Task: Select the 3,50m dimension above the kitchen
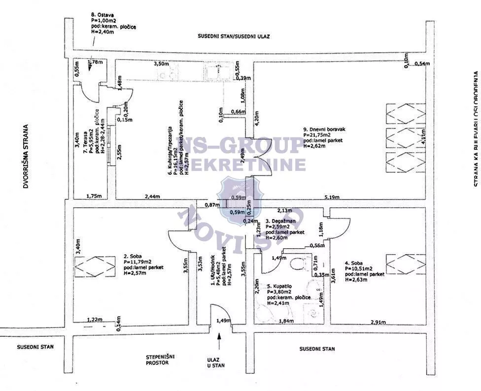[161, 64]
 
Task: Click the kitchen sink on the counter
[216, 72]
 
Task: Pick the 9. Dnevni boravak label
[322, 130]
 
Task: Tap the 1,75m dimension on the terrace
[94, 196]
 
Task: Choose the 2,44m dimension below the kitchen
[153, 196]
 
